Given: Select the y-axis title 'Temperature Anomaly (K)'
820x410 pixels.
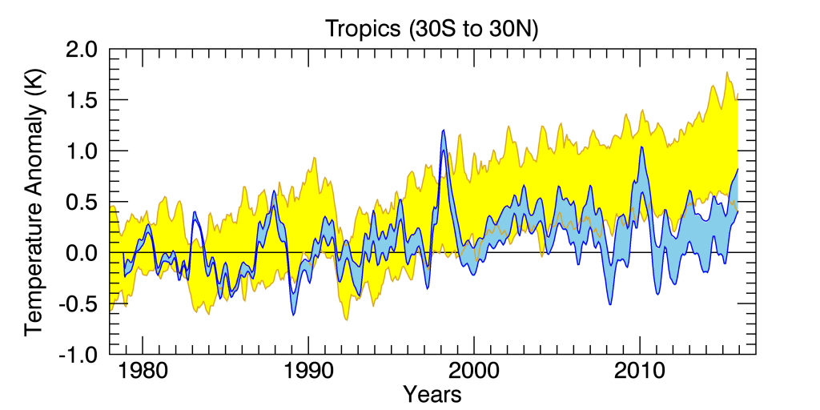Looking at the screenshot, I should [34, 202].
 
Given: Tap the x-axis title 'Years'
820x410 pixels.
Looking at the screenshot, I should [432, 393].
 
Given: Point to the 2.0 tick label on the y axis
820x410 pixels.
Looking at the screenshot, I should [81, 50].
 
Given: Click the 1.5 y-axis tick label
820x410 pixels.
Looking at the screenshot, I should [81, 100].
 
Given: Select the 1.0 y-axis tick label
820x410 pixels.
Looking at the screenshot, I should [81, 151].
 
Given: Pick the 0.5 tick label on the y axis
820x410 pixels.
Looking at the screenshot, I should [81, 202].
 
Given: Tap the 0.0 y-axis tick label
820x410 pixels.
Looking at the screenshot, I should [81, 253].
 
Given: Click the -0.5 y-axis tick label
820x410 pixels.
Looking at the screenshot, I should [77, 303].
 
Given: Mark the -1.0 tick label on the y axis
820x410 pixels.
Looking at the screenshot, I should [77, 354].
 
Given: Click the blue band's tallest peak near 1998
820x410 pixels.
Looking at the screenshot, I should [443, 131].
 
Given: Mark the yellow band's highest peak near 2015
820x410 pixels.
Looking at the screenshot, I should [727, 73].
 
